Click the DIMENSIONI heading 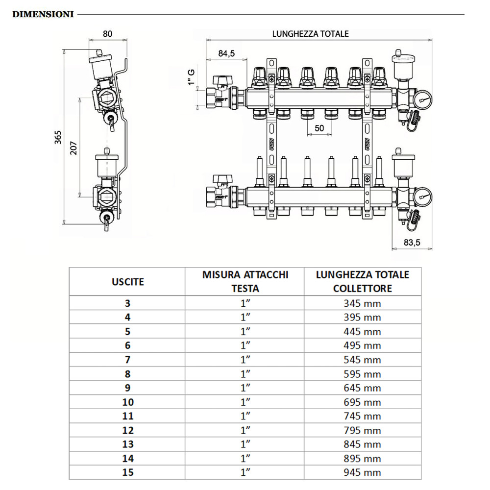[x=43, y=14]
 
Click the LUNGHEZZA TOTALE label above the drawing [x=311, y=34]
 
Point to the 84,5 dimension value [x=226, y=53]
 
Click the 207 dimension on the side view [x=73, y=147]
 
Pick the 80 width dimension [x=108, y=34]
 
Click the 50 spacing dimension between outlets [x=319, y=128]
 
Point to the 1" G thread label [x=192, y=77]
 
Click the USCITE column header [x=127, y=282]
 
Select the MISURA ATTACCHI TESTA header [x=245, y=281]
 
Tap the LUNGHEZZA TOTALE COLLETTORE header [x=363, y=281]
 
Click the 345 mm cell [x=363, y=303]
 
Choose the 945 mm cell [x=363, y=473]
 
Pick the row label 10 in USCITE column [x=127, y=402]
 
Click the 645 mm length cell [x=363, y=388]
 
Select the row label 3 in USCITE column [x=127, y=303]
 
